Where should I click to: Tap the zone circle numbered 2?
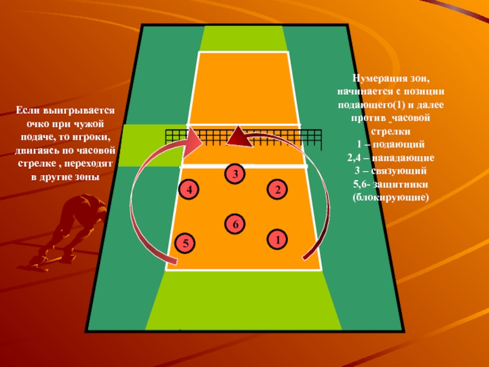click(278, 190)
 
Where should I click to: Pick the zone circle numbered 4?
click(189, 190)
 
